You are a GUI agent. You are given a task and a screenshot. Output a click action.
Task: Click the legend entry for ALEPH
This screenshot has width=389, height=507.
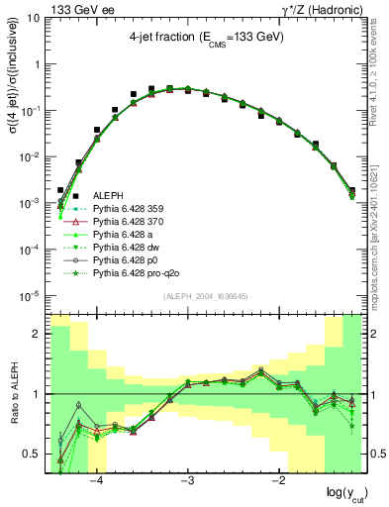tap(107, 196)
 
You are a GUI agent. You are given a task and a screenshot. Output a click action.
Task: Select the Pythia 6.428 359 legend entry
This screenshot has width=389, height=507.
tap(126, 209)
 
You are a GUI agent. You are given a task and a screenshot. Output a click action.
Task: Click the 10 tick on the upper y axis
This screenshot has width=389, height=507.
tap(38, 18)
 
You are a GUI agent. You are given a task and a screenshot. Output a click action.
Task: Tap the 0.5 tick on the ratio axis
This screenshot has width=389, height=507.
tap(35, 454)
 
